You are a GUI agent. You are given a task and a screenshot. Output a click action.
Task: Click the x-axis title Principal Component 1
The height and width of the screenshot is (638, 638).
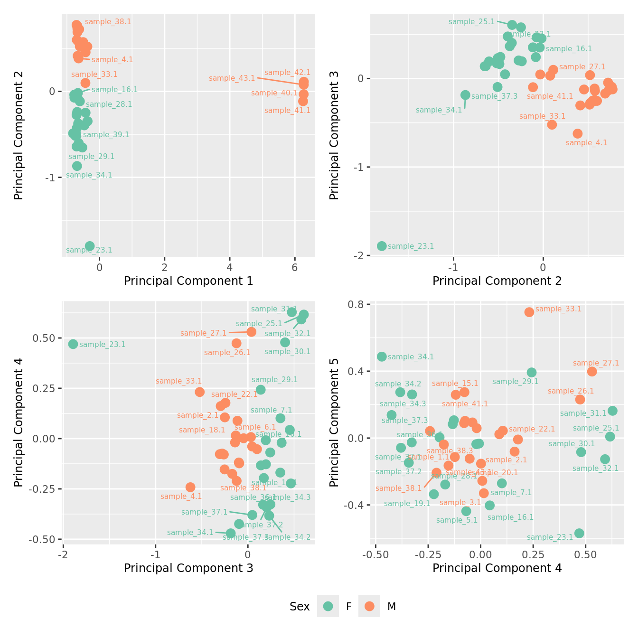188,281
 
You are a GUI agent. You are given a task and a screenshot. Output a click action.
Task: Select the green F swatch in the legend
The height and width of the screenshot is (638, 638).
328,606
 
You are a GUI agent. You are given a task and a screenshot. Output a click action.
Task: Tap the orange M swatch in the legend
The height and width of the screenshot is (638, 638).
369,606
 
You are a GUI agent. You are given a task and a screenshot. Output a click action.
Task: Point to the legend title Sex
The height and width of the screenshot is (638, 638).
300,607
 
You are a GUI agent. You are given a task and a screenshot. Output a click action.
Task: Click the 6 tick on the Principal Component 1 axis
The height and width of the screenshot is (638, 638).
294,267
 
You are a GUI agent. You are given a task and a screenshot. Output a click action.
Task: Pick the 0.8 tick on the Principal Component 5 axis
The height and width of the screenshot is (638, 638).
356,304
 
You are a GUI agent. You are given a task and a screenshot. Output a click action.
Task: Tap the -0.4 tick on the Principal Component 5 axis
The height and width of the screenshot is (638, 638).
354,505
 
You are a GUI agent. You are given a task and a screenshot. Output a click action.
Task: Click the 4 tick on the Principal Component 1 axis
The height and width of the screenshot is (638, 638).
230,267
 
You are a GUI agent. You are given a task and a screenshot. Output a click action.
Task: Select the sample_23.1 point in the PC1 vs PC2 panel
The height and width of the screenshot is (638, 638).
90,246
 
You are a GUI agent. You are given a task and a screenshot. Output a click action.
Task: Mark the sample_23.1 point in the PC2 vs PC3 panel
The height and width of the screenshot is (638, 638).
382,246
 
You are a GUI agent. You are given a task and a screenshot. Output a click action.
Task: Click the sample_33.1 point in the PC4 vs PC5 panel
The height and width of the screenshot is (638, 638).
529,312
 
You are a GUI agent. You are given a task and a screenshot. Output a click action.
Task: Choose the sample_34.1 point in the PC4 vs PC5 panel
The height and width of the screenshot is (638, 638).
382,357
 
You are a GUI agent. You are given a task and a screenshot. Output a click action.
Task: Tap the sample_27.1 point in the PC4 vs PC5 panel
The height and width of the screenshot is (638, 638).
592,371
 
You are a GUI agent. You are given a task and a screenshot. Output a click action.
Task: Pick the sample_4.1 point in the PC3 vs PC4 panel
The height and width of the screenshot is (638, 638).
190,487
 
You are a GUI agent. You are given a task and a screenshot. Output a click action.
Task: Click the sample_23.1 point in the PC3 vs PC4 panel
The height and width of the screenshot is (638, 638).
73,344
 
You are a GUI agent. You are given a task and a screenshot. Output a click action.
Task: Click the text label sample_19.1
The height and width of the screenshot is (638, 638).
407,504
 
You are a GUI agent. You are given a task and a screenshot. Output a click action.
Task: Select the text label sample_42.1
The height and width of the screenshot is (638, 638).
287,73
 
